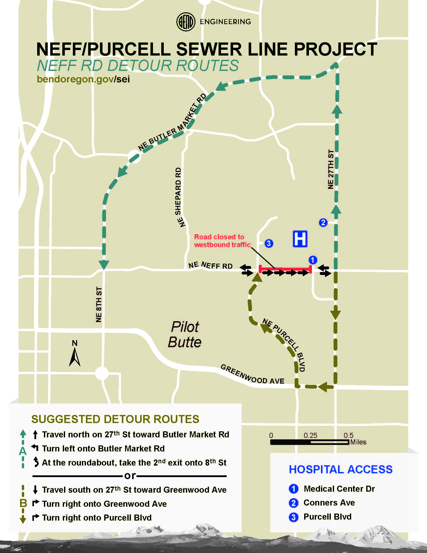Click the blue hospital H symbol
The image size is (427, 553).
click(300, 239)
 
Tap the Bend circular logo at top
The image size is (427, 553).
click(186, 22)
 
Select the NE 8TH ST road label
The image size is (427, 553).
click(99, 305)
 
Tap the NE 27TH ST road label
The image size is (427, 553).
click(331, 169)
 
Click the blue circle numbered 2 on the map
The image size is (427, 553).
click(323, 222)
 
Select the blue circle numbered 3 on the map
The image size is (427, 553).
click(269, 243)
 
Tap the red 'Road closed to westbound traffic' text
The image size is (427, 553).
click(222, 241)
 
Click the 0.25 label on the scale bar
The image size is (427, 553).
click(310, 436)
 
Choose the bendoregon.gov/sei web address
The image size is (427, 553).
click(83, 79)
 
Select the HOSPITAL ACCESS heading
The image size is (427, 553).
click(341, 470)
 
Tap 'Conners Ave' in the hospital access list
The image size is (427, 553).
click(329, 503)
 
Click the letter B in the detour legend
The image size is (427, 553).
click(23, 503)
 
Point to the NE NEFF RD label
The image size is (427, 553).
click(210, 265)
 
